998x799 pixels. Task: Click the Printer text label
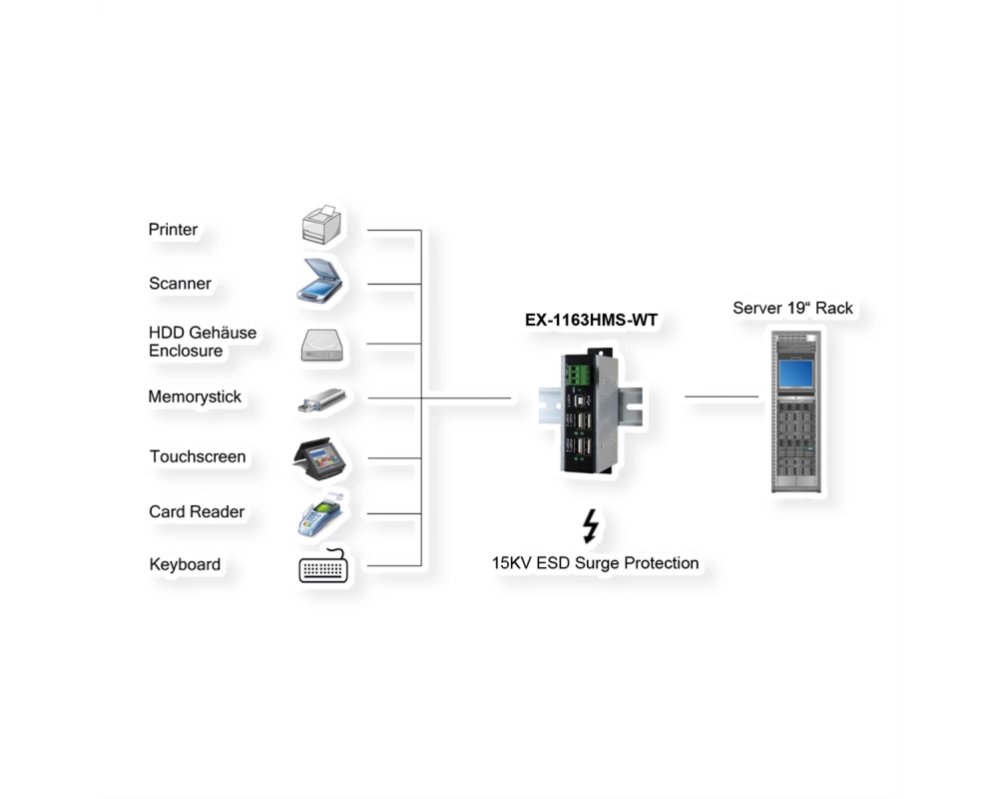pos(173,230)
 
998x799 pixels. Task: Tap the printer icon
pos(321,225)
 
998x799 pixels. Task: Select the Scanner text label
pos(180,284)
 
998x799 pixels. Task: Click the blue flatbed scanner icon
pos(319,280)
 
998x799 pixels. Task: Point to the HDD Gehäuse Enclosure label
pos(203,342)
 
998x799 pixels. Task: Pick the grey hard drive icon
pos(322,346)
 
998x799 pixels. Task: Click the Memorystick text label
pos(195,397)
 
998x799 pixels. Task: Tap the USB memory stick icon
pos(322,400)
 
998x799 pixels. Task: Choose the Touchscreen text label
pos(198,456)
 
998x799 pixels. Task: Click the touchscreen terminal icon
pos(320,458)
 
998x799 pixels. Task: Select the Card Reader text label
pos(197,511)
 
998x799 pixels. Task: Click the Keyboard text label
pos(186,564)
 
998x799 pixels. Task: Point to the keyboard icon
pos(323,566)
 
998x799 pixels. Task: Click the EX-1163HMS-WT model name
pos(591,320)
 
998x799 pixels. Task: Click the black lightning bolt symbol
pos(591,525)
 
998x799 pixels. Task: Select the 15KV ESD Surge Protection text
pos(595,563)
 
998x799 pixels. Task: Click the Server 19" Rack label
pos(792,309)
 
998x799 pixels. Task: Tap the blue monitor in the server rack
pos(796,374)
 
